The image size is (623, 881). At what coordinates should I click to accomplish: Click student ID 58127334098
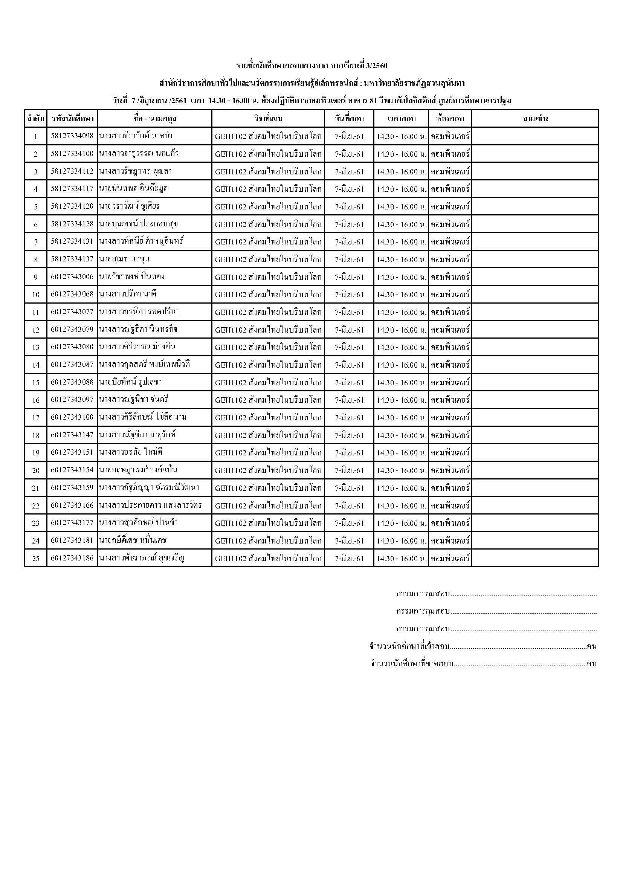[x=72, y=136]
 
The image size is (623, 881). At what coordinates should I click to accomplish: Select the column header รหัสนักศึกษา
[x=72, y=119]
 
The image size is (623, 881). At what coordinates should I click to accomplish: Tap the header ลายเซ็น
[x=535, y=119]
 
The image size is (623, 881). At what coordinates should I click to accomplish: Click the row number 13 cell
[x=36, y=348]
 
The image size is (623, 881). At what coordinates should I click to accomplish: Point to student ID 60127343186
[x=72, y=559]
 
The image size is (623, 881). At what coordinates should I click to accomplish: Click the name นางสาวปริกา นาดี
[x=128, y=295]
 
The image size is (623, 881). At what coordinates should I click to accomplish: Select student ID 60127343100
[x=72, y=418]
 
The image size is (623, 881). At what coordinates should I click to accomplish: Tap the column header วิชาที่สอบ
[x=268, y=119]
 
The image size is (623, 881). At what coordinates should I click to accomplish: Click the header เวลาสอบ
[x=401, y=119]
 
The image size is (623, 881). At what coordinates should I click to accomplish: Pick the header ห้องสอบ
[x=450, y=119]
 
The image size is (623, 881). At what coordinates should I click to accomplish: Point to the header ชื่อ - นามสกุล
[x=155, y=119]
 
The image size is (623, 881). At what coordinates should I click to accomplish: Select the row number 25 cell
[x=36, y=559]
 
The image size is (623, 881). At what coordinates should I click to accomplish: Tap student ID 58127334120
[x=72, y=207]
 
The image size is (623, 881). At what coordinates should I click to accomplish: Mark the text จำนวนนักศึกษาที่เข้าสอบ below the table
[x=409, y=647]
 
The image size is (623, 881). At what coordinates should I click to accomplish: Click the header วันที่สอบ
[x=349, y=119]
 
